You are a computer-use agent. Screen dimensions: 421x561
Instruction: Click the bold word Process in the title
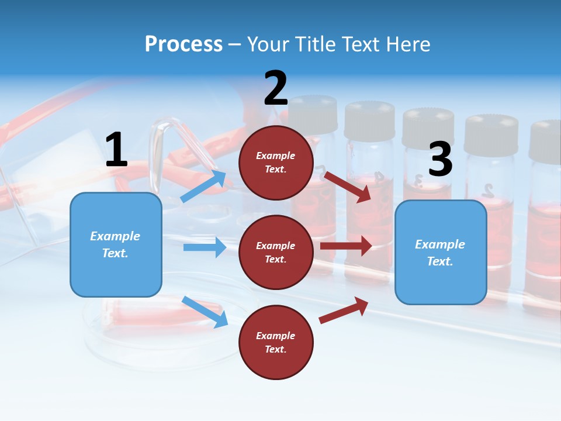(183, 44)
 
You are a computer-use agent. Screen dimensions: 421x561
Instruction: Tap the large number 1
(116, 150)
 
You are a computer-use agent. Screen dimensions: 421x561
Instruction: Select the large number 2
(276, 88)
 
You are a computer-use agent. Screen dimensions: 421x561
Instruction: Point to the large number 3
(440, 160)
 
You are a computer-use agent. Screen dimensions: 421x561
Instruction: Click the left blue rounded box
(116, 244)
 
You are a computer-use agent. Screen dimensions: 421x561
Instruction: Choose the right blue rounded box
(441, 253)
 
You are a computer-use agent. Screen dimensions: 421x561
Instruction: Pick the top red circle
(276, 163)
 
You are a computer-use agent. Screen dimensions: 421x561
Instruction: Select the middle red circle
(276, 253)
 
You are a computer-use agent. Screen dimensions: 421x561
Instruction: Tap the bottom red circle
(276, 343)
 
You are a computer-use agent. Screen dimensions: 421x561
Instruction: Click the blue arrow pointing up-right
(203, 186)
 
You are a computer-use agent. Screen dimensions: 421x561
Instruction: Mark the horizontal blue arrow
(205, 247)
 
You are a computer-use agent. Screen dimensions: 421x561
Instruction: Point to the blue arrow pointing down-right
(205, 312)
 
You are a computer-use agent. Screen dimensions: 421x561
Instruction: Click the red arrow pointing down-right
(348, 187)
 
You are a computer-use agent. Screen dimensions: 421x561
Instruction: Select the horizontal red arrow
(346, 246)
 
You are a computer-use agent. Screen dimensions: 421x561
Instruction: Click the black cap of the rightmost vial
(546, 140)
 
